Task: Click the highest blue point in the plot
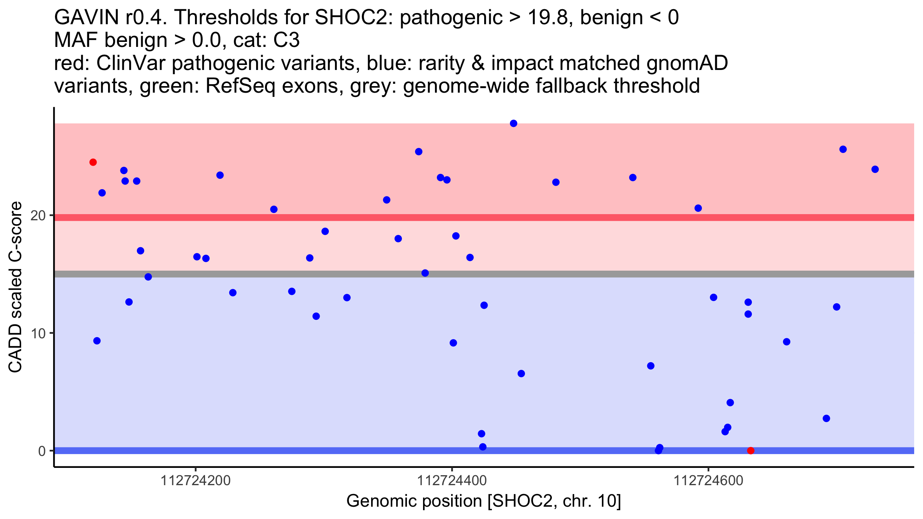click(x=513, y=123)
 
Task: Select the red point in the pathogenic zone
click(x=93, y=162)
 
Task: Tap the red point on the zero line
click(x=751, y=451)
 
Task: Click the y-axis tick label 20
click(x=38, y=216)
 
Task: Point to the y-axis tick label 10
click(x=38, y=333)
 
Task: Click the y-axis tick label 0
click(x=42, y=451)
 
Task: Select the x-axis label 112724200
click(x=195, y=481)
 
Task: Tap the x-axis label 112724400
click(x=452, y=481)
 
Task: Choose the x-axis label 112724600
click(x=708, y=481)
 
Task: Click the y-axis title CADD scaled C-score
click(x=15, y=287)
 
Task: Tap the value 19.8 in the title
click(x=548, y=17)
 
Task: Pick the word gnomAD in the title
click(x=687, y=63)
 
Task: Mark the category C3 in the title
click(x=286, y=40)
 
